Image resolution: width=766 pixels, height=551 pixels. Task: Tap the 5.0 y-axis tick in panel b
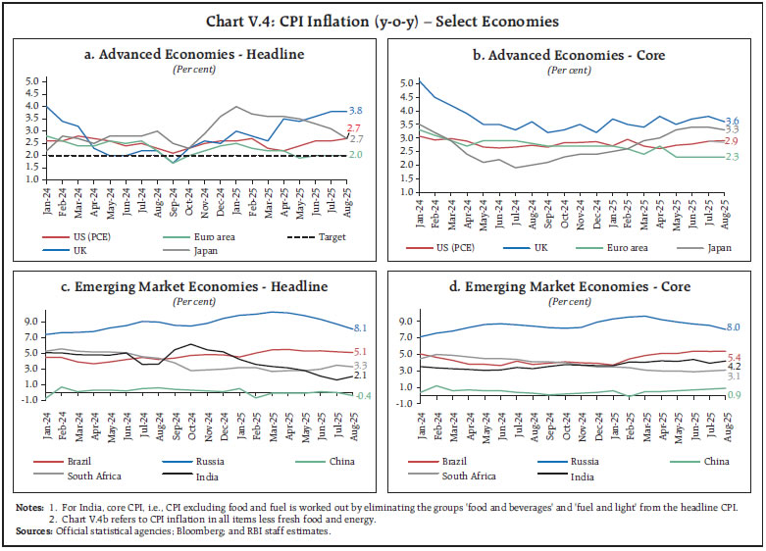click(408, 84)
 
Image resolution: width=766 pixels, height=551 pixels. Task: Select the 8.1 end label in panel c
click(359, 328)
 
